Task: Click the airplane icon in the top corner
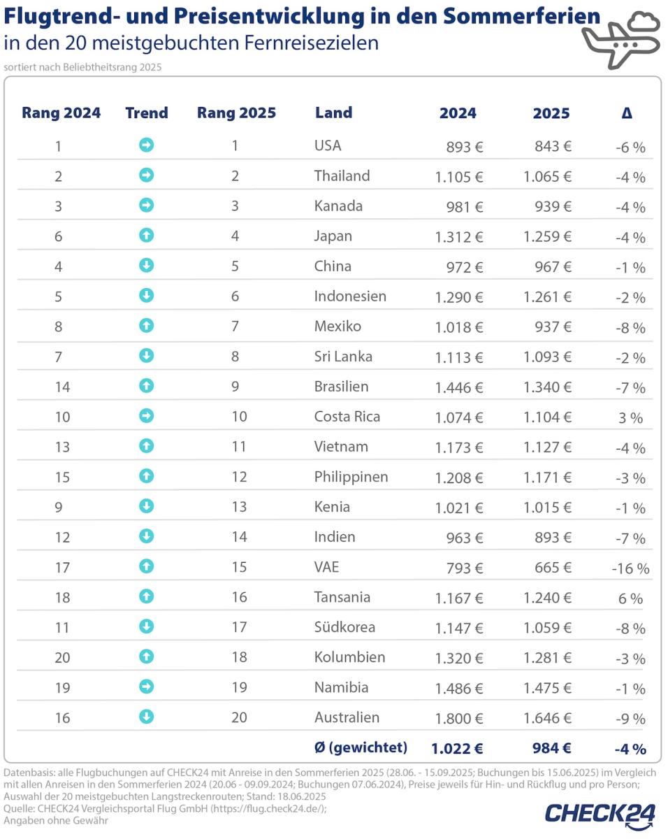pos(620,40)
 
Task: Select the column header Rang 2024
pos(61,113)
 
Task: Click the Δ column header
pos(627,113)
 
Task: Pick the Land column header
pos(333,113)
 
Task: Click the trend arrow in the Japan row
pos(147,236)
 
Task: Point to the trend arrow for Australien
pos(147,717)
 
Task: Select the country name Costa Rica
pos(347,417)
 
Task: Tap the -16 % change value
pos(630,568)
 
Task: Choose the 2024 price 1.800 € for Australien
pos(458,718)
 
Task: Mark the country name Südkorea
pos(344,627)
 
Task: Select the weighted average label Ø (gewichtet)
pos(360,747)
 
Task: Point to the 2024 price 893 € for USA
pos(465,147)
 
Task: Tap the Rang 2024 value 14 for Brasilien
pos(61,387)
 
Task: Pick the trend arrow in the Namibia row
pos(147,687)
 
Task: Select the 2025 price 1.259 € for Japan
pos(547,236)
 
